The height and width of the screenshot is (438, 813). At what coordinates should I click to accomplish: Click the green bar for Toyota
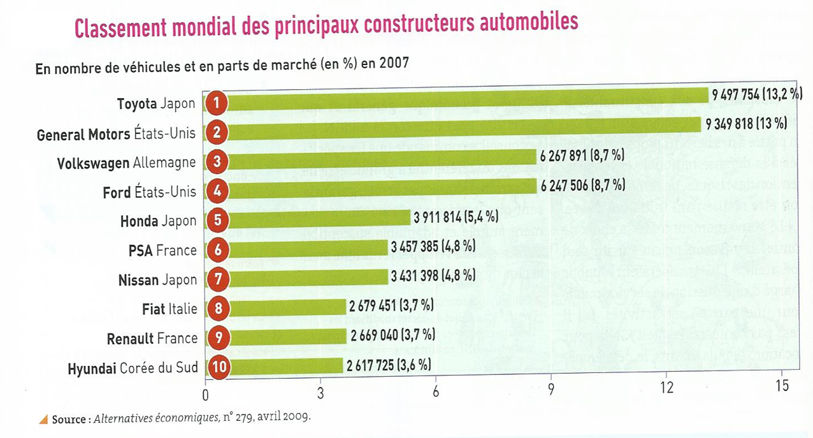pyautogui.click(x=465, y=102)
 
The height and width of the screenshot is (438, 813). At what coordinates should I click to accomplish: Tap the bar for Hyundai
pyautogui.click(x=287, y=366)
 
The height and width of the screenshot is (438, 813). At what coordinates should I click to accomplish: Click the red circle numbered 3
pyautogui.click(x=217, y=162)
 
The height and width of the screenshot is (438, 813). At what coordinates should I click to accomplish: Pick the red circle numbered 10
pyautogui.click(x=217, y=367)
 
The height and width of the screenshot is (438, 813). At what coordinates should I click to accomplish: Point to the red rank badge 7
pyautogui.click(x=217, y=279)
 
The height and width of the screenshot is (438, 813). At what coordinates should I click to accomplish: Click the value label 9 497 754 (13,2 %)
pyautogui.click(x=757, y=94)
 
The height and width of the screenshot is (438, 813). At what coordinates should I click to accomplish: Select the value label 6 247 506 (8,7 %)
pyautogui.click(x=582, y=185)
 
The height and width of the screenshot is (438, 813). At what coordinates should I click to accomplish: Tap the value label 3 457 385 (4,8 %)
pyautogui.click(x=435, y=245)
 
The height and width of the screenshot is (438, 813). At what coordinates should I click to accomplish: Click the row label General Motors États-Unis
pyautogui.click(x=116, y=134)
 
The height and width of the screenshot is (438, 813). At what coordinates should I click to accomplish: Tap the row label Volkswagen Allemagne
pyautogui.click(x=126, y=163)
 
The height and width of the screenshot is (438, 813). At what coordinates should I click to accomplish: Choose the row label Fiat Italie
pyautogui.click(x=169, y=309)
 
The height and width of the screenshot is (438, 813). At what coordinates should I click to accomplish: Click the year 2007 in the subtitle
pyautogui.click(x=394, y=63)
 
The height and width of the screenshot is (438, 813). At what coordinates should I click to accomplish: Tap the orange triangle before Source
pyautogui.click(x=43, y=419)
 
